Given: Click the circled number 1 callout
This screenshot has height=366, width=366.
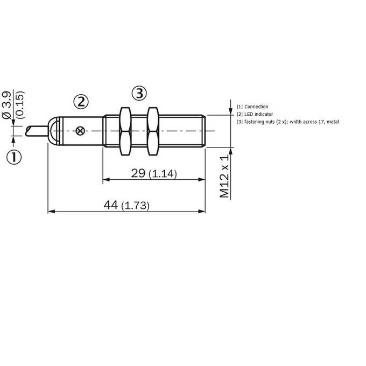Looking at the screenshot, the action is tap(14, 157).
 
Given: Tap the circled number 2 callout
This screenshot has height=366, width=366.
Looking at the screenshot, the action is tap(81, 102).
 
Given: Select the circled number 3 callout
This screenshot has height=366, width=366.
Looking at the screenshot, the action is tap(139, 93).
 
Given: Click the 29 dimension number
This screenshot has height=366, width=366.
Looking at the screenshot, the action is tap(138, 173).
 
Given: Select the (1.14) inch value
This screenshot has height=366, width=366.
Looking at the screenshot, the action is tap(163, 174).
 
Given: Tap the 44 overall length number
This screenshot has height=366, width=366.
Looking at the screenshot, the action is tap(111, 205).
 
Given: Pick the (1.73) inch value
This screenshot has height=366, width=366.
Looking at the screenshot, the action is tap(136, 206).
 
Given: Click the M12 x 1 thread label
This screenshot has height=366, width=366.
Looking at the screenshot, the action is tap(224, 176).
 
